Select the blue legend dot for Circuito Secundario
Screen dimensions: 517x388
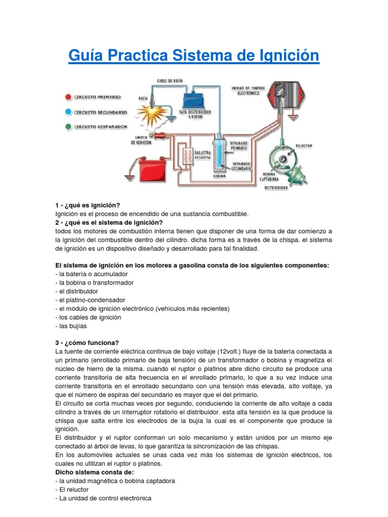[x=68, y=112]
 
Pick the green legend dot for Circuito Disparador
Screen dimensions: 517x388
[x=68, y=127]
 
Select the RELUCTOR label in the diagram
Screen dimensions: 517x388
[x=304, y=145]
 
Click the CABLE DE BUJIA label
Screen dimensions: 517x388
[x=170, y=80]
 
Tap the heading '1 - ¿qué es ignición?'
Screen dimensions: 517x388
[x=87, y=205]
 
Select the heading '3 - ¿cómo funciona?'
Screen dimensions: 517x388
[x=87, y=342]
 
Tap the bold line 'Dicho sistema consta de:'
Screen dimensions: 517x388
[x=92, y=473]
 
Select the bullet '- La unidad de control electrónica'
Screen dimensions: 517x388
[x=103, y=498]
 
